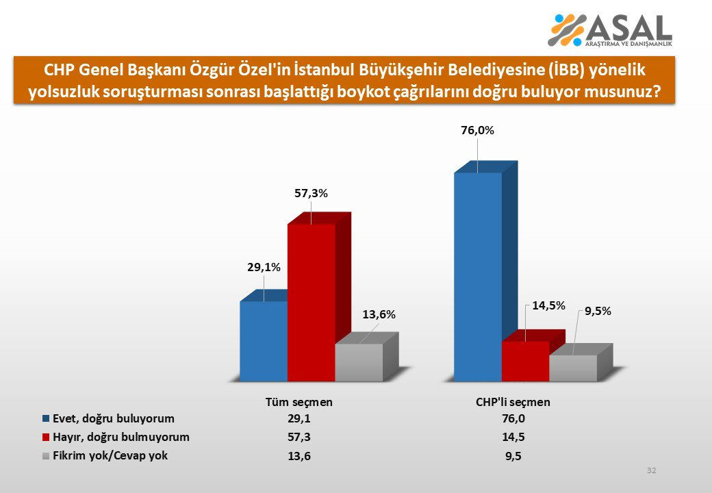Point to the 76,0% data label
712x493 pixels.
point(477,130)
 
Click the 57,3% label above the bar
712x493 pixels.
point(311,194)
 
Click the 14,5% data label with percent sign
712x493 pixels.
point(549,305)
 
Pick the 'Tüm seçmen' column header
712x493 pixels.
point(299,403)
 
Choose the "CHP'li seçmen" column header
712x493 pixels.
point(513,403)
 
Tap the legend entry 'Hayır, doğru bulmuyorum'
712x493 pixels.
point(120,437)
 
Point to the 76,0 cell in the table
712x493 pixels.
point(513,419)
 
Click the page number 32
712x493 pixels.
point(651,470)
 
